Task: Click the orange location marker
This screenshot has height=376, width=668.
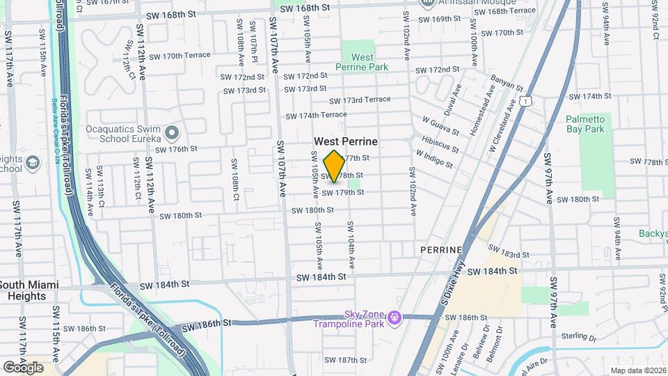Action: click(x=334, y=166)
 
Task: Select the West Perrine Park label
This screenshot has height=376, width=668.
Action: click(x=362, y=62)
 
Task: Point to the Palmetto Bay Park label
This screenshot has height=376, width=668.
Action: click(x=595, y=124)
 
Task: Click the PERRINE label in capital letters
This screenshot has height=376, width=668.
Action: click(x=442, y=249)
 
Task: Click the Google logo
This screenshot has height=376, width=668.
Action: click(x=23, y=367)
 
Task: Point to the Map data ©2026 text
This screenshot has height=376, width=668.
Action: click(x=638, y=370)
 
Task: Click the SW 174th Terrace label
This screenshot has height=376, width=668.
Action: click(x=316, y=115)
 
